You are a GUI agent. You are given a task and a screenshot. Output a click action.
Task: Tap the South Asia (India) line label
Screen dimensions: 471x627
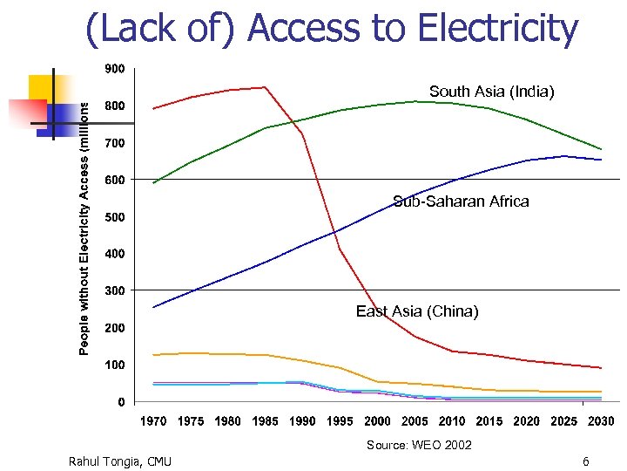(x=491, y=92)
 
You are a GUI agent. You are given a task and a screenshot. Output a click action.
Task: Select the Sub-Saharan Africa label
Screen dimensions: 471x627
(x=460, y=201)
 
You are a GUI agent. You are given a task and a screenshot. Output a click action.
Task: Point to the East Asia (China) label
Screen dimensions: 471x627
(x=416, y=311)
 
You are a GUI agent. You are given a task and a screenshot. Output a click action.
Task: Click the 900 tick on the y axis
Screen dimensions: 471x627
(x=114, y=68)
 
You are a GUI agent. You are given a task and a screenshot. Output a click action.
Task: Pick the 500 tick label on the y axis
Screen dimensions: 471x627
(x=114, y=216)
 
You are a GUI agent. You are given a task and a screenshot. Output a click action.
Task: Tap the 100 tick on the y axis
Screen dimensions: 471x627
(x=114, y=365)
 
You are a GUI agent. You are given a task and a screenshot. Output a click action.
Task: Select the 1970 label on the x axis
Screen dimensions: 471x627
(x=153, y=421)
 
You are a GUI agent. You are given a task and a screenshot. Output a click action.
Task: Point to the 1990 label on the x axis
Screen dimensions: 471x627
(x=302, y=421)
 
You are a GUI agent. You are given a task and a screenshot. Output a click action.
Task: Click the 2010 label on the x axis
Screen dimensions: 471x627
(x=451, y=421)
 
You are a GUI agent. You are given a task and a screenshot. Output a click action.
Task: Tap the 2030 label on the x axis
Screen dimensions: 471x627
(x=600, y=421)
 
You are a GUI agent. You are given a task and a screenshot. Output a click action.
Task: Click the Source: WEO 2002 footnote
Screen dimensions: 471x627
(x=418, y=446)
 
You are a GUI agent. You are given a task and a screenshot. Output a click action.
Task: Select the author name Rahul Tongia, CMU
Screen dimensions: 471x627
(x=119, y=461)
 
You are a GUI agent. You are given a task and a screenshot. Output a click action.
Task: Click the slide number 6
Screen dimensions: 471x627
(x=585, y=461)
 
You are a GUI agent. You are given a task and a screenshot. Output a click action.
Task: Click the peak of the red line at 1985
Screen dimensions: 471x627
(x=265, y=87)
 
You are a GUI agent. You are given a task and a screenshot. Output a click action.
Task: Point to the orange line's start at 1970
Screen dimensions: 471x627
(x=154, y=355)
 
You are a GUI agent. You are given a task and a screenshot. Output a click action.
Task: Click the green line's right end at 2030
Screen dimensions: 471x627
(x=601, y=149)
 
